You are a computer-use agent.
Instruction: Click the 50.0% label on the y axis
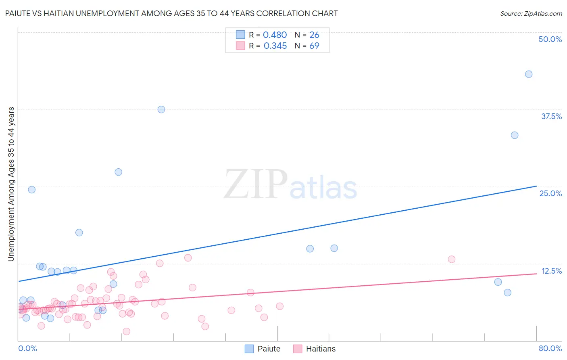(550, 39)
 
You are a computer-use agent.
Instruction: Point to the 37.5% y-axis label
(551, 116)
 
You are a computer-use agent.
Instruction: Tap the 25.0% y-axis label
(550, 193)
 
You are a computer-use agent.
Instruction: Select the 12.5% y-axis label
(551, 271)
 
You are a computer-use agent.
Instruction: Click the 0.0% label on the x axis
(27, 348)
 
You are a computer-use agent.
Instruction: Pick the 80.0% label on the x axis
(550, 348)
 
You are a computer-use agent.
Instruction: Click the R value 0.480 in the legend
(275, 35)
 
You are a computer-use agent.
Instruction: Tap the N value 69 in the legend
(314, 46)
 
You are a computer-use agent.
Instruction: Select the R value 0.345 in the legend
(275, 46)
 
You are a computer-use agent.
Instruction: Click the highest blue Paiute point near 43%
(529, 74)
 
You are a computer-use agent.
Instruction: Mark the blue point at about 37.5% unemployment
(161, 109)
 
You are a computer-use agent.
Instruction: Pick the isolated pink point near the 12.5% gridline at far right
(452, 259)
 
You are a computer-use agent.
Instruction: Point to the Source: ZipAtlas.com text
(531, 14)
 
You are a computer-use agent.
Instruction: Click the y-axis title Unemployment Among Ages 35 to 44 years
(11, 184)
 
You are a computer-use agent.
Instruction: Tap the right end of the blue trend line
(536, 186)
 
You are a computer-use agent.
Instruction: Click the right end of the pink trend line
(536, 274)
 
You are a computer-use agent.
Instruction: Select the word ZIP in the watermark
(256, 185)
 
